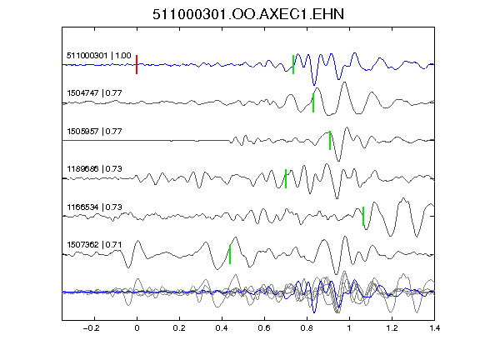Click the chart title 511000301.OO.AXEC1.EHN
pos(248,14)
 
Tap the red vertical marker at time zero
pos(137,65)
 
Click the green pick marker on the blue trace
pos(293,65)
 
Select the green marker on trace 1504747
pos(313,102)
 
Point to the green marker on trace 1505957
pos(330,141)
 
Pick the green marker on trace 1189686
pos(286,178)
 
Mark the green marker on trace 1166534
pos(363,216)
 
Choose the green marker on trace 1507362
pos(230,254)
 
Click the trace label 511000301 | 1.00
pos(99,56)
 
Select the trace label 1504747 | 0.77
pos(95,93)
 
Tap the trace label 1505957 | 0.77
pos(95,132)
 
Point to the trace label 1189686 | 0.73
pos(95,169)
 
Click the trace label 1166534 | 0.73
pos(95,207)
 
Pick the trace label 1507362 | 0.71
pos(95,245)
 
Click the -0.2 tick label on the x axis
pos(92,328)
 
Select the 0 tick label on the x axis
pos(137,328)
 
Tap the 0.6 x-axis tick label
pos(264,328)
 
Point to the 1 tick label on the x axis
pos(349,328)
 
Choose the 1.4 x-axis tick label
pos(434,328)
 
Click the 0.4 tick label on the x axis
pos(222,328)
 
